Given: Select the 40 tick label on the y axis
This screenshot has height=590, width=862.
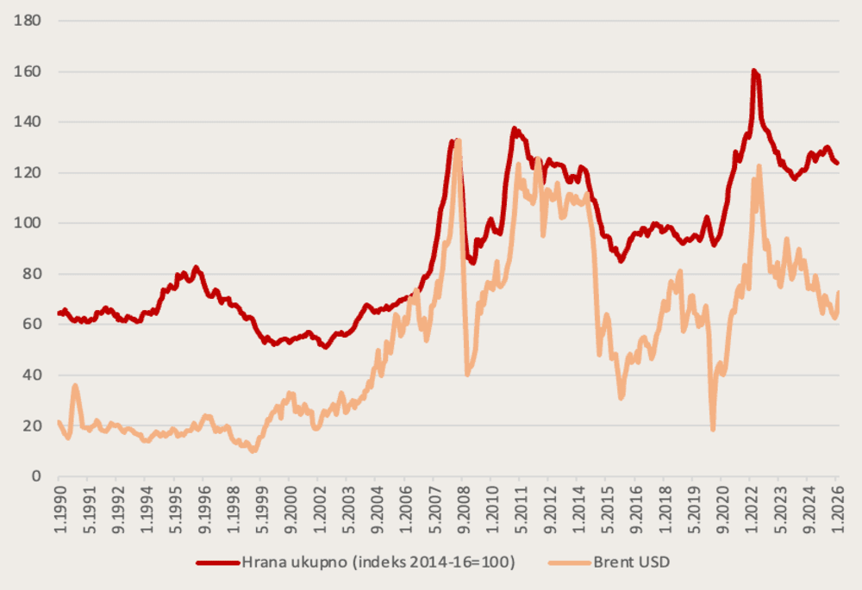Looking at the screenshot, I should pos(32,376).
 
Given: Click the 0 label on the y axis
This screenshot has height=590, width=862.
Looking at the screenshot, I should pos(35,476).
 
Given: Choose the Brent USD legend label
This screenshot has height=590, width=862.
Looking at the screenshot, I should pos(631,563).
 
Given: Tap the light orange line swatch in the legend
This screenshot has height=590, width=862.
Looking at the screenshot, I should pos(568,563).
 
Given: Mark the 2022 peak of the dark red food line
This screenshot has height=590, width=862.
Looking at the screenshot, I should pos(754,71).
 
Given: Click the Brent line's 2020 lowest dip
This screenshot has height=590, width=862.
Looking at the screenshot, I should pos(713,429).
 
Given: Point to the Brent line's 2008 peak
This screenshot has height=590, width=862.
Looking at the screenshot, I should pos(458,140).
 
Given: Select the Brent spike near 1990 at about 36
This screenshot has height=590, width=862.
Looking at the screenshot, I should pos(75,386).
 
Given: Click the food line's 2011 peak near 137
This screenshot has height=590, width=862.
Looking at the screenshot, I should pos(514,129).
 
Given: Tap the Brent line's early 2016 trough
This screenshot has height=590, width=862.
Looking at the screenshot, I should pos(621,398).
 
